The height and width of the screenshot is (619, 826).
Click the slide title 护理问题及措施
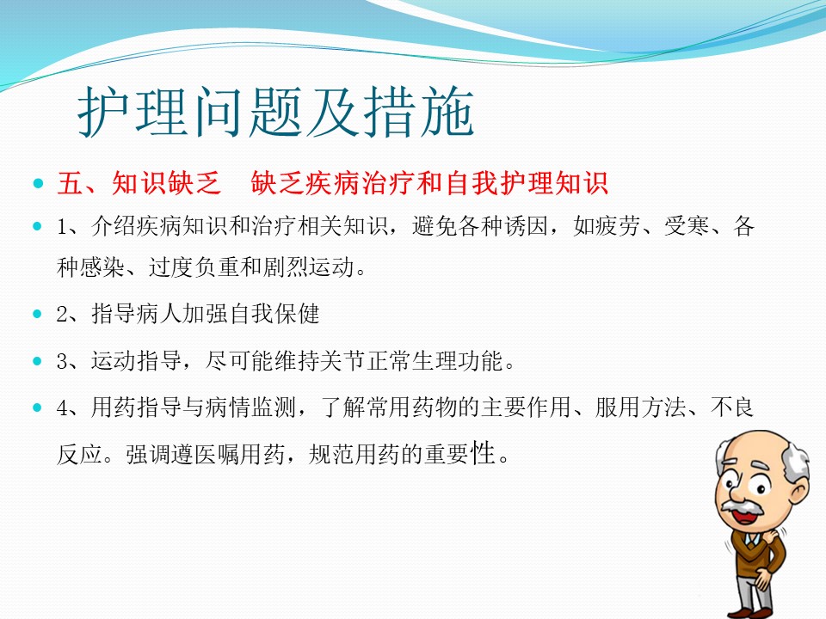276,112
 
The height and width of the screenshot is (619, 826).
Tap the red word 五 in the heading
70,183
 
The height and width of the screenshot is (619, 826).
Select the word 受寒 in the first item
687,226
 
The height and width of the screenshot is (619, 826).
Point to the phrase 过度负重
194,267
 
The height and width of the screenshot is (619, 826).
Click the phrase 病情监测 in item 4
250,407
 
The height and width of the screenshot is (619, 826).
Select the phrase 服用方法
640,407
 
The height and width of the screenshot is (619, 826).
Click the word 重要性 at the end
459,454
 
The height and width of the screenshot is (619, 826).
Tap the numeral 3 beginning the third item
62,361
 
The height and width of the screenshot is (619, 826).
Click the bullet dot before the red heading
37,183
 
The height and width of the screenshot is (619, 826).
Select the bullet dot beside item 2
37,314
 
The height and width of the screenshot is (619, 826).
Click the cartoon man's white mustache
743,507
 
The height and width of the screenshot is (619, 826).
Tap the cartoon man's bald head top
754,444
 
